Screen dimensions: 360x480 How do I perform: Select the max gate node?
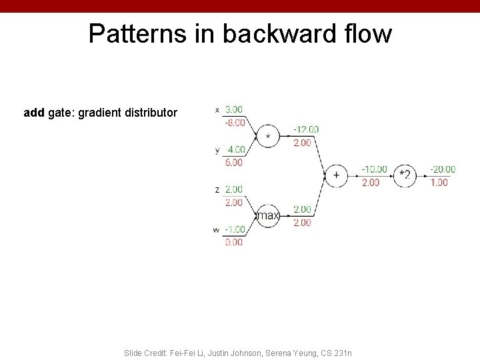click(268, 215)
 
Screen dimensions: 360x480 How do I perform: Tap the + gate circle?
click(336, 175)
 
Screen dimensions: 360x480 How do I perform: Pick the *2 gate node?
click(404, 175)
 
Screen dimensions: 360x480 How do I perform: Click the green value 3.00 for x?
click(234, 109)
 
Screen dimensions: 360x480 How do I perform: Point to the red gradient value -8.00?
click(233, 122)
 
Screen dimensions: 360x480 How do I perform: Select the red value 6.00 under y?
click(234, 162)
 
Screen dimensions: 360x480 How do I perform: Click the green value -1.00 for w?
click(233, 229)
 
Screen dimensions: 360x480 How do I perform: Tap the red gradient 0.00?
click(234, 243)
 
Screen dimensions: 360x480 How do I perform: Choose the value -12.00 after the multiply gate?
click(306, 129)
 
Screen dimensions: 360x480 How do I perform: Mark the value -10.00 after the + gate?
click(374, 169)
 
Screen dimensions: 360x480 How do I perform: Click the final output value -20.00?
click(443, 169)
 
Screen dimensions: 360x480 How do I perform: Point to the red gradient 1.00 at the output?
click(439, 182)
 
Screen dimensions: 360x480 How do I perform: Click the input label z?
click(217, 190)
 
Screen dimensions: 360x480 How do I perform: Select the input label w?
click(216, 230)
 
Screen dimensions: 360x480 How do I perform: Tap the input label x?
click(217, 110)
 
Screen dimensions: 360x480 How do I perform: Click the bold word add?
click(34, 113)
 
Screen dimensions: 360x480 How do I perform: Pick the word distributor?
click(152, 113)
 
